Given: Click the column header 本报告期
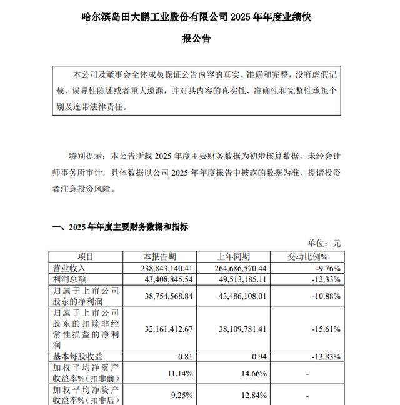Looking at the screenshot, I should click(x=159, y=257).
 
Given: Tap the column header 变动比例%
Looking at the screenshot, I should click(x=307, y=257).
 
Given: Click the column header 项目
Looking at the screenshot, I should click(x=86, y=257).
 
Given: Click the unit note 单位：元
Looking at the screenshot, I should click(x=324, y=243).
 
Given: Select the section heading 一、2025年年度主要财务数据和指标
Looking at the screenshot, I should click(x=119, y=227).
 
